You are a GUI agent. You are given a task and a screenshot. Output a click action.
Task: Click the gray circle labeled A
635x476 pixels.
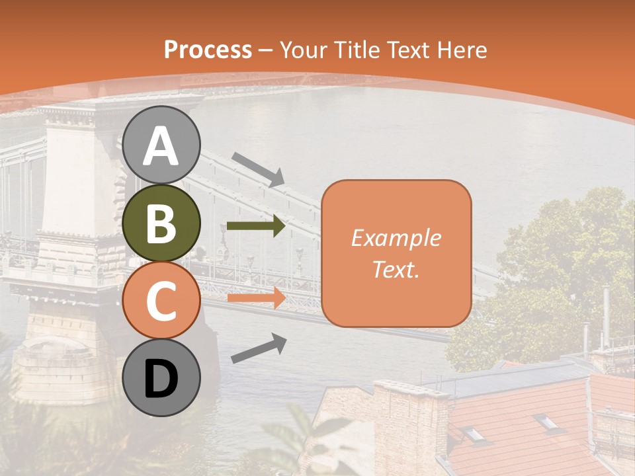coord(161,145)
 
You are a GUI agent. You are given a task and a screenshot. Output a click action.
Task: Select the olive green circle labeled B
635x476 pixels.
coord(161,223)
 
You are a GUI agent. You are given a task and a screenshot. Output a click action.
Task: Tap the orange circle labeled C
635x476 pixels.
coord(161,300)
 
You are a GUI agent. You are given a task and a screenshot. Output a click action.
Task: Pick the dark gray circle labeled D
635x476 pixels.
coord(161,378)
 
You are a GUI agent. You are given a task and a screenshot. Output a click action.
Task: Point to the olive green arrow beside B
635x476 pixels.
coord(256,226)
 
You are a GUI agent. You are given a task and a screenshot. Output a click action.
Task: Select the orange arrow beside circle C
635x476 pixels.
coord(256,297)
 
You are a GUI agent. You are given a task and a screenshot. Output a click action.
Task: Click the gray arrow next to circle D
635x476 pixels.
coord(259,348)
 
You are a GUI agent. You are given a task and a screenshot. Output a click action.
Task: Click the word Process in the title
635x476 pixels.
coord(208,50)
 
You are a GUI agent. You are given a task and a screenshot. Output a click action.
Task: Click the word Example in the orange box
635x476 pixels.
coord(396,238)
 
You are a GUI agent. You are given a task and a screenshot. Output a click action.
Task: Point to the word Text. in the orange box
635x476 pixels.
coord(396,270)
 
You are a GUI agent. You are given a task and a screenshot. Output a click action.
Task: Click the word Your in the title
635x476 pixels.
coord(305,50)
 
